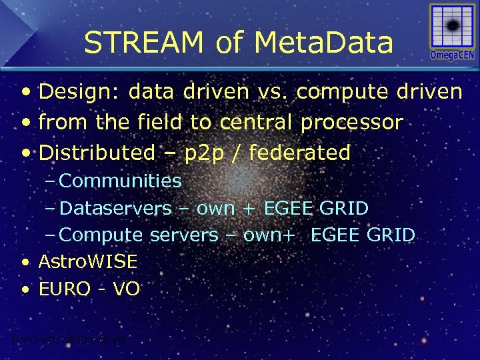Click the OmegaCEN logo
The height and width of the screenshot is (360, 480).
(451, 33)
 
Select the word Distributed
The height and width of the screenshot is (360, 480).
(97, 153)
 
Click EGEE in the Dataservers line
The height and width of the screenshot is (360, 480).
(288, 208)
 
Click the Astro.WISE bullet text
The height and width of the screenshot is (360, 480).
(88, 261)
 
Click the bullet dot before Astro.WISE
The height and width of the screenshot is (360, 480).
(25, 262)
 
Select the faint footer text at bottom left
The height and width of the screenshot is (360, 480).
(64, 340)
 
